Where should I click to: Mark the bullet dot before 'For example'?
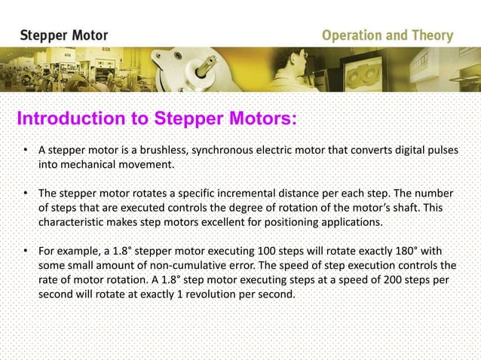[x=25, y=252]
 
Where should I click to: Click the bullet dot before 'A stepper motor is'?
[x=25, y=150]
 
